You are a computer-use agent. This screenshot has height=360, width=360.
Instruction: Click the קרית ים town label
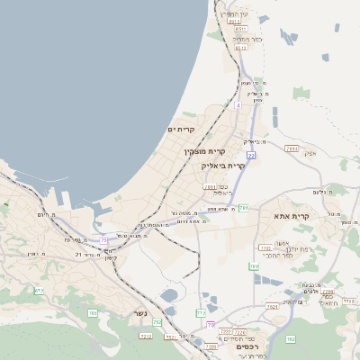[182, 130]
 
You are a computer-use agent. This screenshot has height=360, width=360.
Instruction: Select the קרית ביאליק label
[224, 166]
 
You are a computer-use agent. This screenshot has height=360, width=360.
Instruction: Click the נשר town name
[139, 313]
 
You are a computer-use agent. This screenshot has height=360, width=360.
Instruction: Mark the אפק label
[310, 153]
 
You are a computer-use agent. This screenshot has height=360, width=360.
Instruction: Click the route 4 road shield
[238, 105]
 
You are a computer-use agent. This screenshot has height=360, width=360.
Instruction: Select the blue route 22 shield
[251, 157]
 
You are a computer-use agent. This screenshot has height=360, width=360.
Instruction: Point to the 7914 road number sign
[291, 148]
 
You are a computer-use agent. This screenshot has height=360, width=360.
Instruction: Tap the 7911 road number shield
[210, 188]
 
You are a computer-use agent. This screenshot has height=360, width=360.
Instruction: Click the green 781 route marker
[255, 266]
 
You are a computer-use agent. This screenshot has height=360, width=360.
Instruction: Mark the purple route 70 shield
[211, 325]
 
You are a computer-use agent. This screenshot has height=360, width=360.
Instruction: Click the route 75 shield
[103, 240]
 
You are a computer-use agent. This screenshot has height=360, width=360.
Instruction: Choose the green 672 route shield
[39, 290]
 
